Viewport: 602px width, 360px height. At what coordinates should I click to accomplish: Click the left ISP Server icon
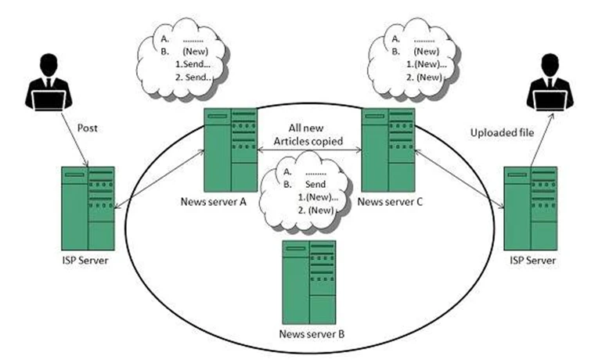pyautogui.click(x=88, y=207)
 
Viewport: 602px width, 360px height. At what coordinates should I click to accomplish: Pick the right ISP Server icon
pyautogui.click(x=531, y=207)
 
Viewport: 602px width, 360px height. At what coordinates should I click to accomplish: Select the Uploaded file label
pyautogui.click(x=502, y=133)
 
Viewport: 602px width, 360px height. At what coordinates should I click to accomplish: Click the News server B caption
pyautogui.click(x=311, y=335)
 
